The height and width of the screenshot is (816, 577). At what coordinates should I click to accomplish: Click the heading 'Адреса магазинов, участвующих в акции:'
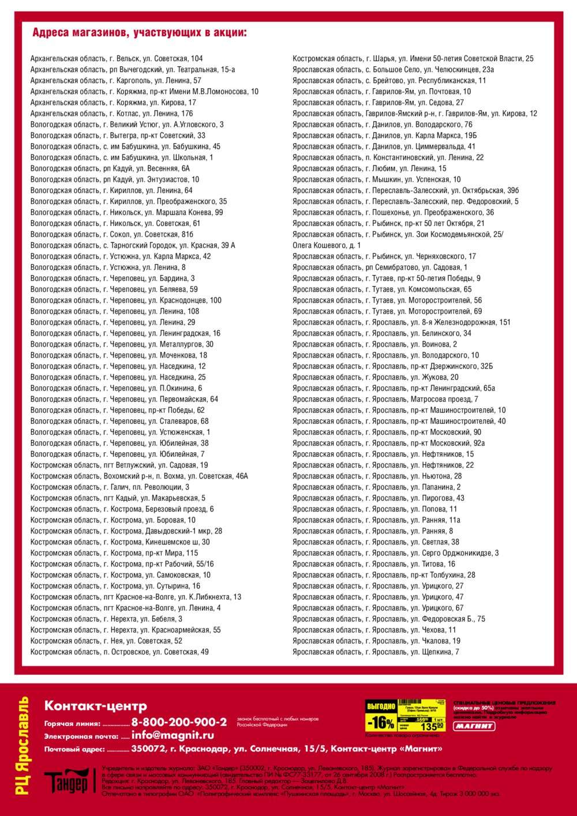[139, 33]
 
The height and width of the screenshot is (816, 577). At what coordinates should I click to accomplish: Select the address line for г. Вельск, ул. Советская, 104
[117, 59]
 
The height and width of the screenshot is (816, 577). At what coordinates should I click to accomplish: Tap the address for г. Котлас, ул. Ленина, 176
[112, 114]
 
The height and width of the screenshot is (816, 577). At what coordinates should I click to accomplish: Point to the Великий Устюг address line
[127, 125]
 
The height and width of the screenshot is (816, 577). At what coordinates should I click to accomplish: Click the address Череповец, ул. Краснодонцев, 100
[126, 300]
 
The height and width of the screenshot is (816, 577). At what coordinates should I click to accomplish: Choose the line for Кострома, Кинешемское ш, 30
[120, 542]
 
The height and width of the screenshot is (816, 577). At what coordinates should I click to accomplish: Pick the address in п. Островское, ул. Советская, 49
[119, 652]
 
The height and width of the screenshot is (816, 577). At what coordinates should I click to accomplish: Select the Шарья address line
[413, 59]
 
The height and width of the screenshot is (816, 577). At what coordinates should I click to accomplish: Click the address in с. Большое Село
[393, 70]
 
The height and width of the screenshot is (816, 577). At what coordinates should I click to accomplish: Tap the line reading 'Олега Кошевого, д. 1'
[327, 246]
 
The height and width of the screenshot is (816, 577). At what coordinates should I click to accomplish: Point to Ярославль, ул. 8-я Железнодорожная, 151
[401, 322]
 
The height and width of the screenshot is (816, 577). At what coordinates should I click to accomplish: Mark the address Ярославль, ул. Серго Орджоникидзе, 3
[395, 553]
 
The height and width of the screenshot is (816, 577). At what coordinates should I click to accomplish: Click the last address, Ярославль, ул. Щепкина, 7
[376, 652]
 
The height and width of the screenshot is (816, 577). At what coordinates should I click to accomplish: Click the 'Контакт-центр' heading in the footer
[96, 706]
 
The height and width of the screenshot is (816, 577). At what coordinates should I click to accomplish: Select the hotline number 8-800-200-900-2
[179, 723]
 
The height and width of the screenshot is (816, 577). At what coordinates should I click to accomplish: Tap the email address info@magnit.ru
[173, 736]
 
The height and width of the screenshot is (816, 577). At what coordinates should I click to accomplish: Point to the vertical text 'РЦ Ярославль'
[23, 746]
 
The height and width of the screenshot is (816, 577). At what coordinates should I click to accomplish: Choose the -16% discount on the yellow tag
[381, 722]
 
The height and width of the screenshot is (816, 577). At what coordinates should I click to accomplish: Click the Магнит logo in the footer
[474, 726]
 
